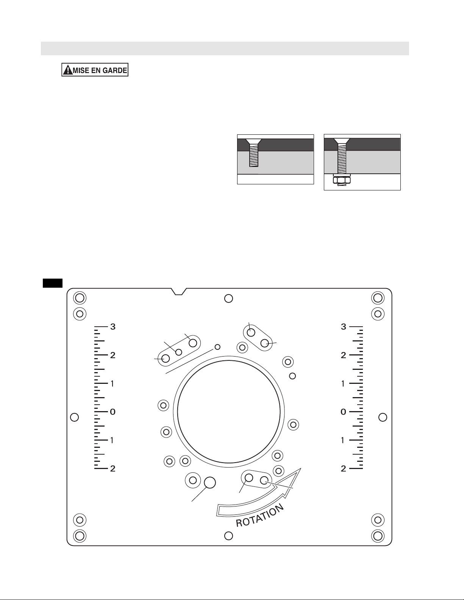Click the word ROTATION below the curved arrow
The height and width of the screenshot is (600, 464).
[x=259, y=516]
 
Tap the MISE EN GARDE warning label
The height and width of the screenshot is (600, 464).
[x=95, y=70]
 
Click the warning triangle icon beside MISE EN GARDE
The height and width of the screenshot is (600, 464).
[x=67, y=70]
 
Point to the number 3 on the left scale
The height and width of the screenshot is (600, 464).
[x=113, y=327]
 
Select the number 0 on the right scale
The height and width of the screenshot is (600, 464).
[x=343, y=412]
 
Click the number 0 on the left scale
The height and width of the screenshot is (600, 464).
[x=113, y=412]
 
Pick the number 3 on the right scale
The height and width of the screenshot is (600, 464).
[x=343, y=327]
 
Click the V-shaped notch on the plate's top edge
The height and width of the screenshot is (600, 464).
[x=179, y=291]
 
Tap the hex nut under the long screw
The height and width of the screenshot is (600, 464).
[x=342, y=181]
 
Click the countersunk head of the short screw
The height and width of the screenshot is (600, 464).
[x=253, y=142]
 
